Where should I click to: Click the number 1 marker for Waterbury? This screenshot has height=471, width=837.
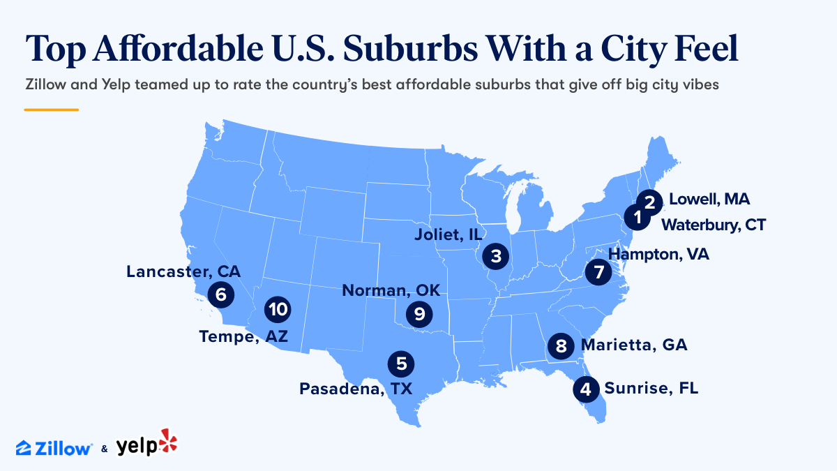tap(635, 218)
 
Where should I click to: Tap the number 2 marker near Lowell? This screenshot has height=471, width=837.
tap(650, 202)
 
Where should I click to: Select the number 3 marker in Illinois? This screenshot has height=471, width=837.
tap(495, 256)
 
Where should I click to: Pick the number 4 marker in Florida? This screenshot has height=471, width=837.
tap(586, 389)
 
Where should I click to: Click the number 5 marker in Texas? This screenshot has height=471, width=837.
tap(401, 363)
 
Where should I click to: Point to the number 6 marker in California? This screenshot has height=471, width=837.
tap(221, 294)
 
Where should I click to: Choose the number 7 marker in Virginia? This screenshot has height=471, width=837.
tap(598, 272)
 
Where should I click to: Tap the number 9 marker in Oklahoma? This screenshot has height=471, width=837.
tap(418, 314)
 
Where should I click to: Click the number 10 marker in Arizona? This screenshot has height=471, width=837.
tap(277, 308)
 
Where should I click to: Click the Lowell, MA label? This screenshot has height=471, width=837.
tap(709, 200)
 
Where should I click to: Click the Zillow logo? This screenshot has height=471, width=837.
tap(54, 447)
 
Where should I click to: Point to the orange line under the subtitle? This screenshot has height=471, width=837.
tap(51, 110)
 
